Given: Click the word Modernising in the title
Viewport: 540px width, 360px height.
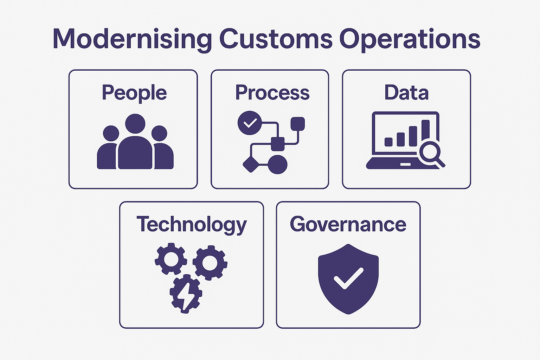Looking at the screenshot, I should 132,39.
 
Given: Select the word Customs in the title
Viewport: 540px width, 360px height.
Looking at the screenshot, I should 276,39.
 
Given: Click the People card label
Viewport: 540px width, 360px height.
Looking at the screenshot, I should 134,92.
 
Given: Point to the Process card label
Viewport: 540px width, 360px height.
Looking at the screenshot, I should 272,92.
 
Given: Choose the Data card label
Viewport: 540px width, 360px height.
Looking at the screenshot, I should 406,92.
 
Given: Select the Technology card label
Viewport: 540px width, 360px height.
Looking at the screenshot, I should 192,225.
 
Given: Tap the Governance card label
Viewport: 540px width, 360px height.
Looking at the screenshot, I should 348,224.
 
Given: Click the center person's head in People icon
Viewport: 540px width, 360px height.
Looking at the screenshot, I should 135,124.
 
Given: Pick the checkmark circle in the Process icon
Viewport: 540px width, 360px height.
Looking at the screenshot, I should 250,123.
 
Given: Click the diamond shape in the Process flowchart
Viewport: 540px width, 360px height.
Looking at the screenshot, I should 251,164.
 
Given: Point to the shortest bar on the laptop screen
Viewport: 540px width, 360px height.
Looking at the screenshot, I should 388,142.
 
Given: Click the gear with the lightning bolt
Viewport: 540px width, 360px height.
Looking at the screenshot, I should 186,294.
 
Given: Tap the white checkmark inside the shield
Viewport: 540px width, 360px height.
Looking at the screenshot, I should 348,278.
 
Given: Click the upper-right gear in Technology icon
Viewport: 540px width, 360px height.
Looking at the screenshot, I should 210,263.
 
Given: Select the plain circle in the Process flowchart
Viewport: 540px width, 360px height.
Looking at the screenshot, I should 278,164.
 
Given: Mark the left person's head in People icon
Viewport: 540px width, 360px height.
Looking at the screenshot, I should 111,134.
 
